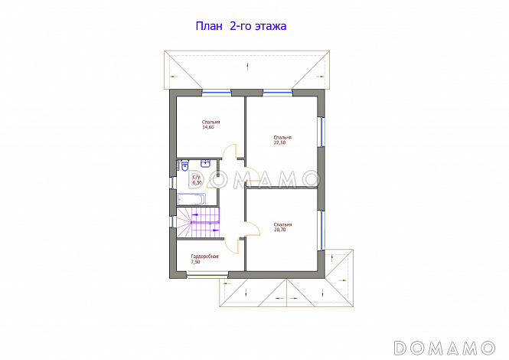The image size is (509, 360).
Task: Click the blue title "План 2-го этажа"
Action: pos(241,26)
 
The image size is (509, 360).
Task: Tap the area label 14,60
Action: pos(208,127)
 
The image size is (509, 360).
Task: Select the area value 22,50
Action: pos(279,142)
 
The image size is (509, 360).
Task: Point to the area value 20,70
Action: pos(279,230)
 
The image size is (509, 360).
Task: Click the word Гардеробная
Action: pos(204,257)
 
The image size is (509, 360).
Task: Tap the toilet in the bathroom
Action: pos(184,165)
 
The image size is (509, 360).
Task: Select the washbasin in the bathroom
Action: pos(205,163)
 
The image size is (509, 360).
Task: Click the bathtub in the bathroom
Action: pos(191,199)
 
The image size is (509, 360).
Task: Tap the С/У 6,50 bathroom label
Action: pos(197,180)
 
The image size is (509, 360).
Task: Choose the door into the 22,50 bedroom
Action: pos(253,175)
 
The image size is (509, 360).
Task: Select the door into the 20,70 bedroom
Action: pos(253,229)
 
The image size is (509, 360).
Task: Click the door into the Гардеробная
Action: pos(233,245)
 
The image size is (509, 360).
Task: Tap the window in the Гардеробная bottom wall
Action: pos(207,275)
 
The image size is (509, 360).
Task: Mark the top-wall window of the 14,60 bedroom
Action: pos(217,93)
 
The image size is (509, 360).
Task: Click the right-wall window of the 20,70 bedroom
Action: pos(321,230)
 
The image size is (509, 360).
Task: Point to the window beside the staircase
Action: pos(173,221)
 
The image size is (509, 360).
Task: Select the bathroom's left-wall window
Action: pos(173,182)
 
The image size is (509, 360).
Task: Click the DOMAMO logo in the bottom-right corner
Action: pos(445,348)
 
